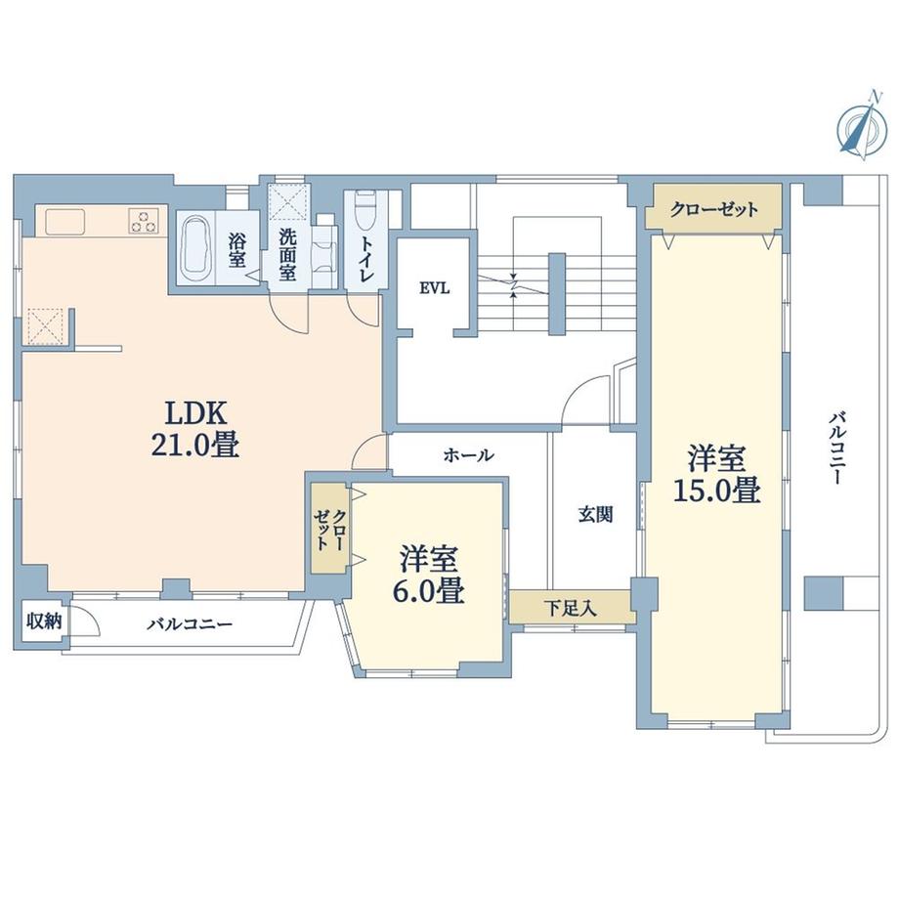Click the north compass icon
(x=856, y=129)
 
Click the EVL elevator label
(x=434, y=287)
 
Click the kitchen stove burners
(x=143, y=222)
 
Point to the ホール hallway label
(x=468, y=455)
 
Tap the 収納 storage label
(x=42, y=620)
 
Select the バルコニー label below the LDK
(x=190, y=623)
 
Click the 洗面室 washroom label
(x=287, y=253)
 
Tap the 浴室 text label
(x=237, y=250)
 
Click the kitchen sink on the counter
(x=66, y=222)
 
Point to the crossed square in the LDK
(x=45, y=326)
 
